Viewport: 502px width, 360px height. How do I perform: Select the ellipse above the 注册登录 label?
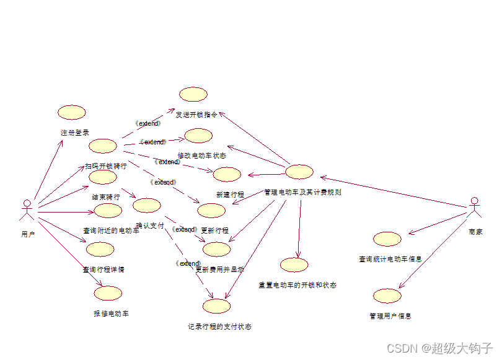coord(71,112)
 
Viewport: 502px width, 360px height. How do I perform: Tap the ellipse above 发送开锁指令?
coord(193,94)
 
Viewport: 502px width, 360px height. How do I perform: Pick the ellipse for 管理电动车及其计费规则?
coord(299,172)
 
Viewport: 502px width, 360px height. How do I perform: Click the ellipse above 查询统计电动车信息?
coord(388,239)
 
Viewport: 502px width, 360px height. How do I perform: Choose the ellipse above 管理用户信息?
coord(387,296)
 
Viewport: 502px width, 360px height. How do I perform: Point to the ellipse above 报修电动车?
coord(108,294)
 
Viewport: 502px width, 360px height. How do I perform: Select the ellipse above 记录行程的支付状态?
coord(216,305)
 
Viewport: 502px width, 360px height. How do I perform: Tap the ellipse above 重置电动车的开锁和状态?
coord(294,265)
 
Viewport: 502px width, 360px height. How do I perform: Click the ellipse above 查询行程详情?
coord(100,249)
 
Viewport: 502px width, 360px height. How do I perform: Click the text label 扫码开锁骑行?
coord(106,166)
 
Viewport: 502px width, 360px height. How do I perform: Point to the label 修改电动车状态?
coord(201,156)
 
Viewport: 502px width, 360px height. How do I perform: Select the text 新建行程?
coord(230,195)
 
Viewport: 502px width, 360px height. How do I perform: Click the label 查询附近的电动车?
coord(111,230)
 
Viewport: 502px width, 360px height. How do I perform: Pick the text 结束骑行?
coord(106,196)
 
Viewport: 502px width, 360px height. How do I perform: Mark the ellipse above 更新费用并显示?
coord(216,249)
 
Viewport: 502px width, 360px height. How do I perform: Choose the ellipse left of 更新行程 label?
coord(211,210)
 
